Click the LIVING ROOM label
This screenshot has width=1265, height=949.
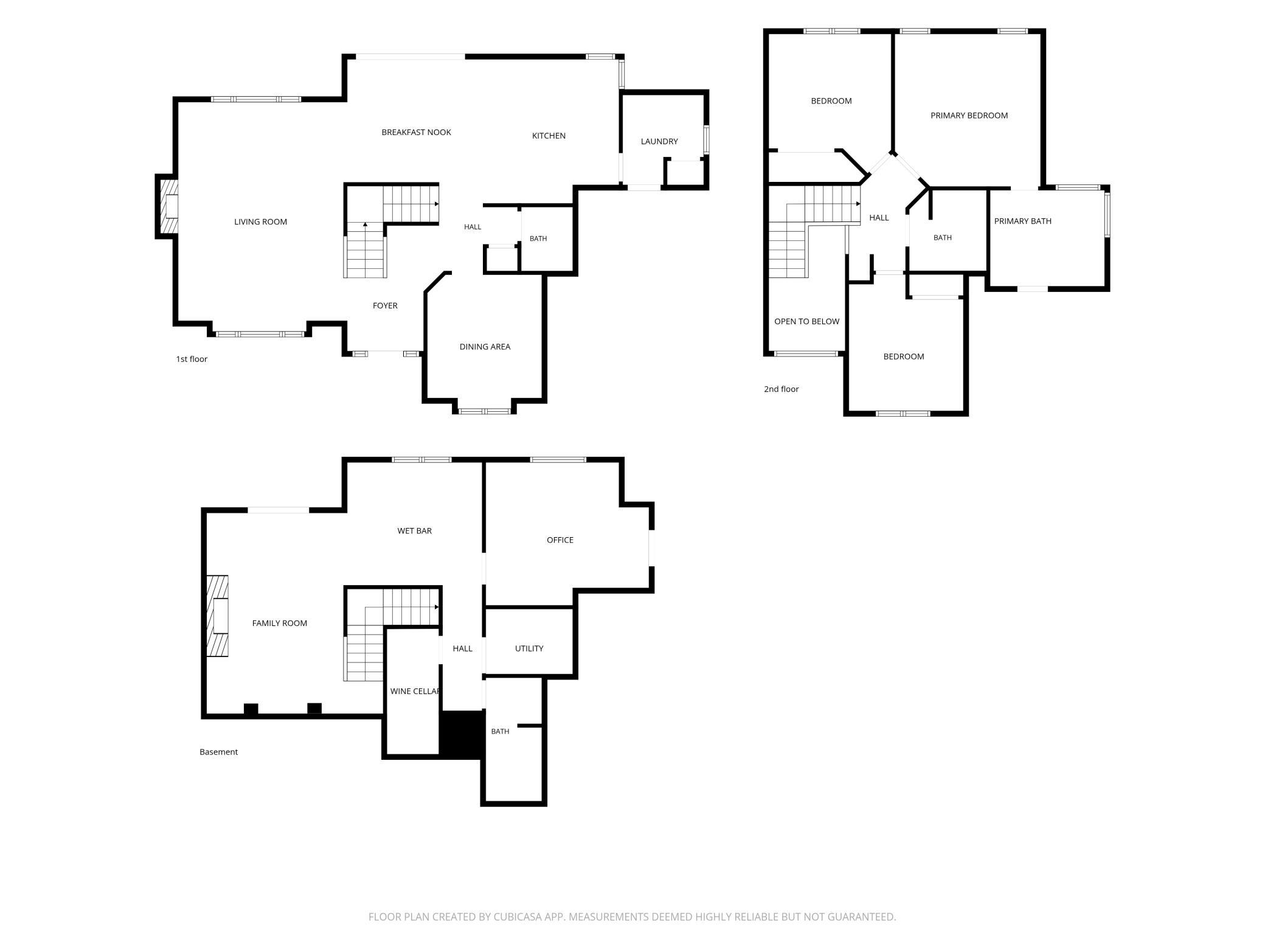(260, 222)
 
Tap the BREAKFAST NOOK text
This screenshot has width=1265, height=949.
(416, 133)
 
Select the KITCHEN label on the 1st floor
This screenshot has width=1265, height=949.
(549, 136)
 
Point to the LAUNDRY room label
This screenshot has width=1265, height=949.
(659, 141)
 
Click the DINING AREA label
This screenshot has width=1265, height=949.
(485, 347)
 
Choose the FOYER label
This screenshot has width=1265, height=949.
(385, 305)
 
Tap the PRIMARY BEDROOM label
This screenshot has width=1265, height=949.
(969, 116)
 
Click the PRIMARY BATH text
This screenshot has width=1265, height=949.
(1022, 221)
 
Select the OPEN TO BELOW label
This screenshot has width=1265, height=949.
(806, 322)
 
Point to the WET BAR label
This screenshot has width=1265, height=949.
(414, 531)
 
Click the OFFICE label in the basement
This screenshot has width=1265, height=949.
(560, 540)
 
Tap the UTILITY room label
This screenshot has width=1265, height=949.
(529, 648)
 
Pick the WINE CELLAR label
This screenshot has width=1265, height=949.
(415, 692)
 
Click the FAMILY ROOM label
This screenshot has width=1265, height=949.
(280, 624)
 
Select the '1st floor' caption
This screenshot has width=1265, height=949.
(192, 360)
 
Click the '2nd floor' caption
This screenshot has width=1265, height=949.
(782, 389)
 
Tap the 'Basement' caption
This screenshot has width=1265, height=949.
(218, 752)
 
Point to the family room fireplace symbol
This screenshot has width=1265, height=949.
(218, 616)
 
